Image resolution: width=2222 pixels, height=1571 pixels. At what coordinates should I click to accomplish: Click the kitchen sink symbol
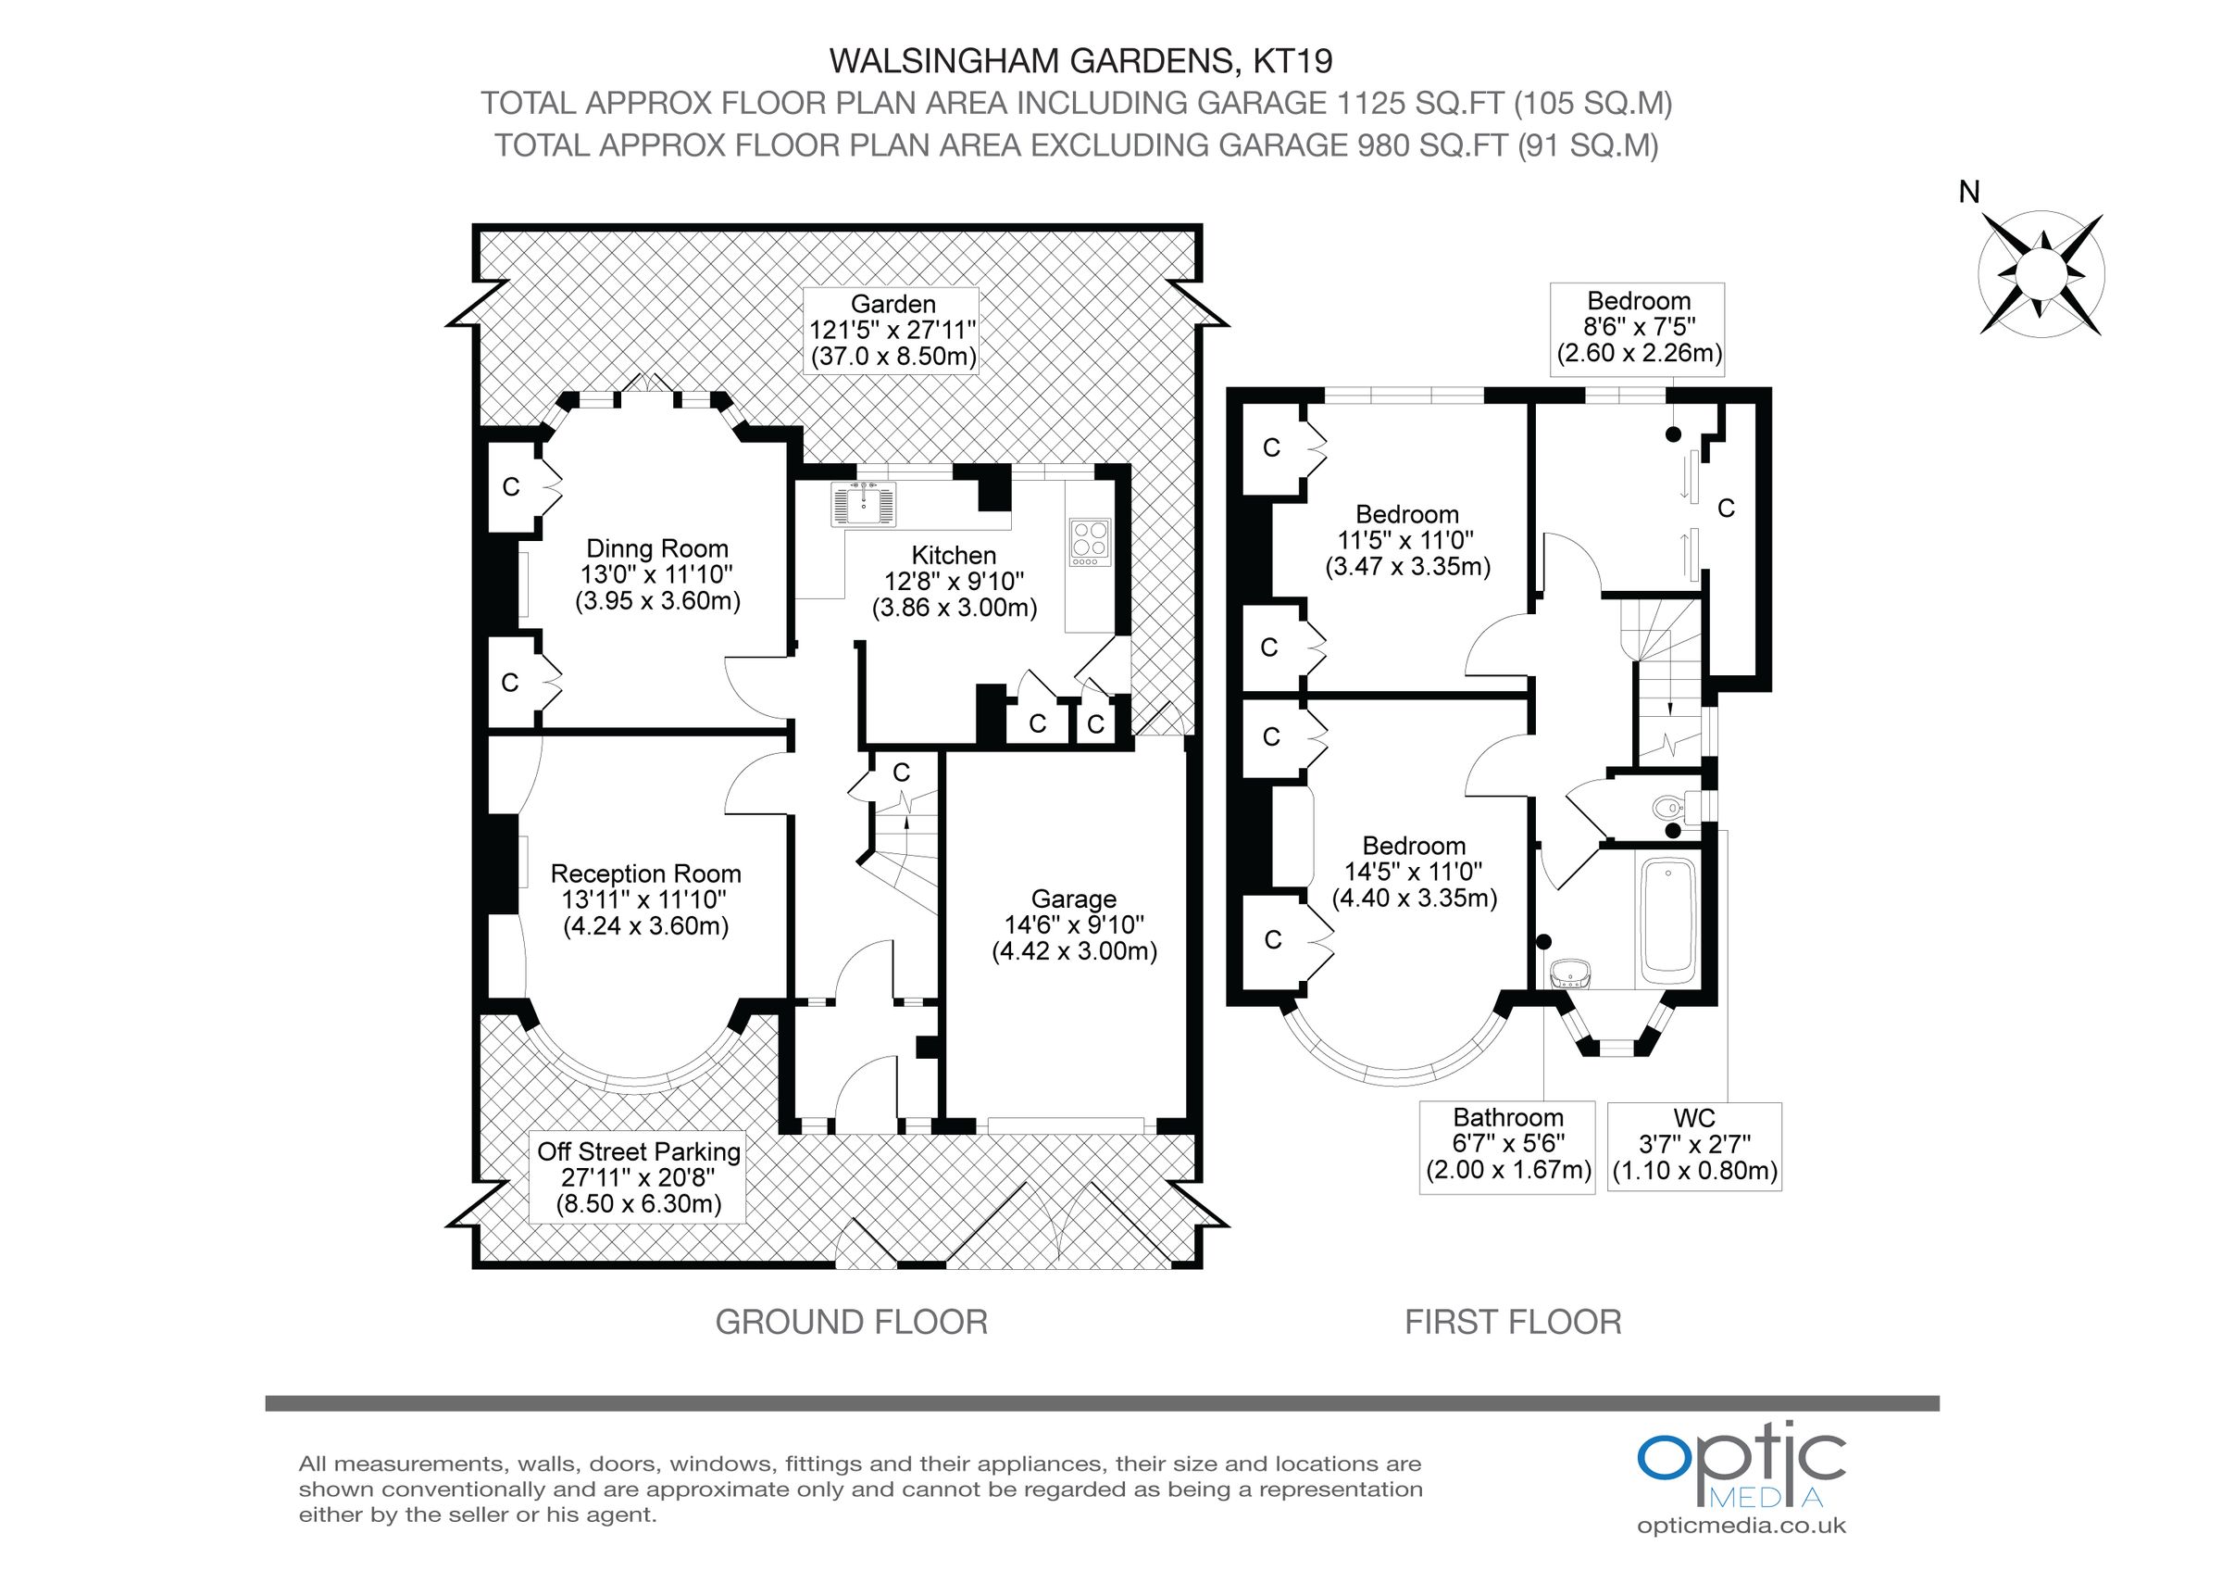[863, 503]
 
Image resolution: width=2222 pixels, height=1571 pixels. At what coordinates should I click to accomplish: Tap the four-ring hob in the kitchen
[1090, 542]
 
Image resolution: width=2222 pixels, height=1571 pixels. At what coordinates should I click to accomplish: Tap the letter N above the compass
[1968, 193]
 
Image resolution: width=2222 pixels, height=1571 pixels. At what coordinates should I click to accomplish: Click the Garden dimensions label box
[893, 330]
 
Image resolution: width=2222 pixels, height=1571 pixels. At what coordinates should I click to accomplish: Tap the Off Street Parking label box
[639, 1177]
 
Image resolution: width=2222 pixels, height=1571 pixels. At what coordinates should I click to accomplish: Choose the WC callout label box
[1693, 1145]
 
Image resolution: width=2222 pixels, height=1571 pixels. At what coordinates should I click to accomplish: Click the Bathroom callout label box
[1507, 1145]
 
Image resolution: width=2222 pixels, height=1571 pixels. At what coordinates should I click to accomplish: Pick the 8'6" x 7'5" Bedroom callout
[1638, 327]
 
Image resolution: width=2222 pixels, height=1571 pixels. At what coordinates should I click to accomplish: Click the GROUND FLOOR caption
[851, 1322]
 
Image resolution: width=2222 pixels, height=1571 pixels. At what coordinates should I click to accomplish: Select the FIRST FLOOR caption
[1513, 1322]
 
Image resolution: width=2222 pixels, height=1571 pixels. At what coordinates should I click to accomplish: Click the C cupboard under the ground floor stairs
[901, 773]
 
